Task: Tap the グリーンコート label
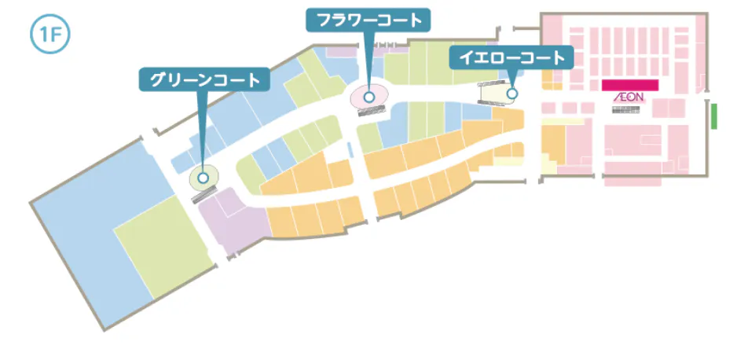coord(204,79)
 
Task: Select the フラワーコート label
coord(368,20)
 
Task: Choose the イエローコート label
coord(511,57)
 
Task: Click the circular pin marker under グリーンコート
coord(203,178)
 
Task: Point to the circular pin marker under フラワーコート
coord(369,97)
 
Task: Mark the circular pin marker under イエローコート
coord(511,94)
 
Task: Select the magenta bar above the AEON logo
coord(629,84)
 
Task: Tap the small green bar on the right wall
coord(715,116)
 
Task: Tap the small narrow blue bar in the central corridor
coord(350,149)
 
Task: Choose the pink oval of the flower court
coord(369,96)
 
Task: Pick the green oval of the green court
coord(203,178)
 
